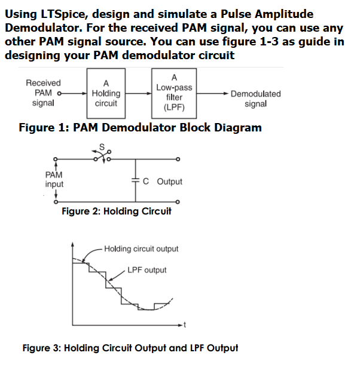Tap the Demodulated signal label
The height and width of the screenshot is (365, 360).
(x=255, y=99)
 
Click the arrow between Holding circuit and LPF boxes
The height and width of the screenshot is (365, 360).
(x=141, y=94)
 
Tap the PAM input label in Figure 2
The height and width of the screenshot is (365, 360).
(x=54, y=179)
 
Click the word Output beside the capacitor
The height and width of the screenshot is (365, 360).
(x=170, y=182)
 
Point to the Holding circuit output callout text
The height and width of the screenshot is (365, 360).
(x=141, y=249)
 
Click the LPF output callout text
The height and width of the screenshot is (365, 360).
(x=147, y=270)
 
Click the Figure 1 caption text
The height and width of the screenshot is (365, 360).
(x=140, y=127)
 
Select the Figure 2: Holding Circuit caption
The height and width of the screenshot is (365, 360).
(x=117, y=211)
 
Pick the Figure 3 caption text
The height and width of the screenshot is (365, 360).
(x=130, y=348)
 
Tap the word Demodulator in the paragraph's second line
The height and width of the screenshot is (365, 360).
(x=39, y=27)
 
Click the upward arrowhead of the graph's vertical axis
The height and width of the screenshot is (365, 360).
(x=73, y=245)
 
